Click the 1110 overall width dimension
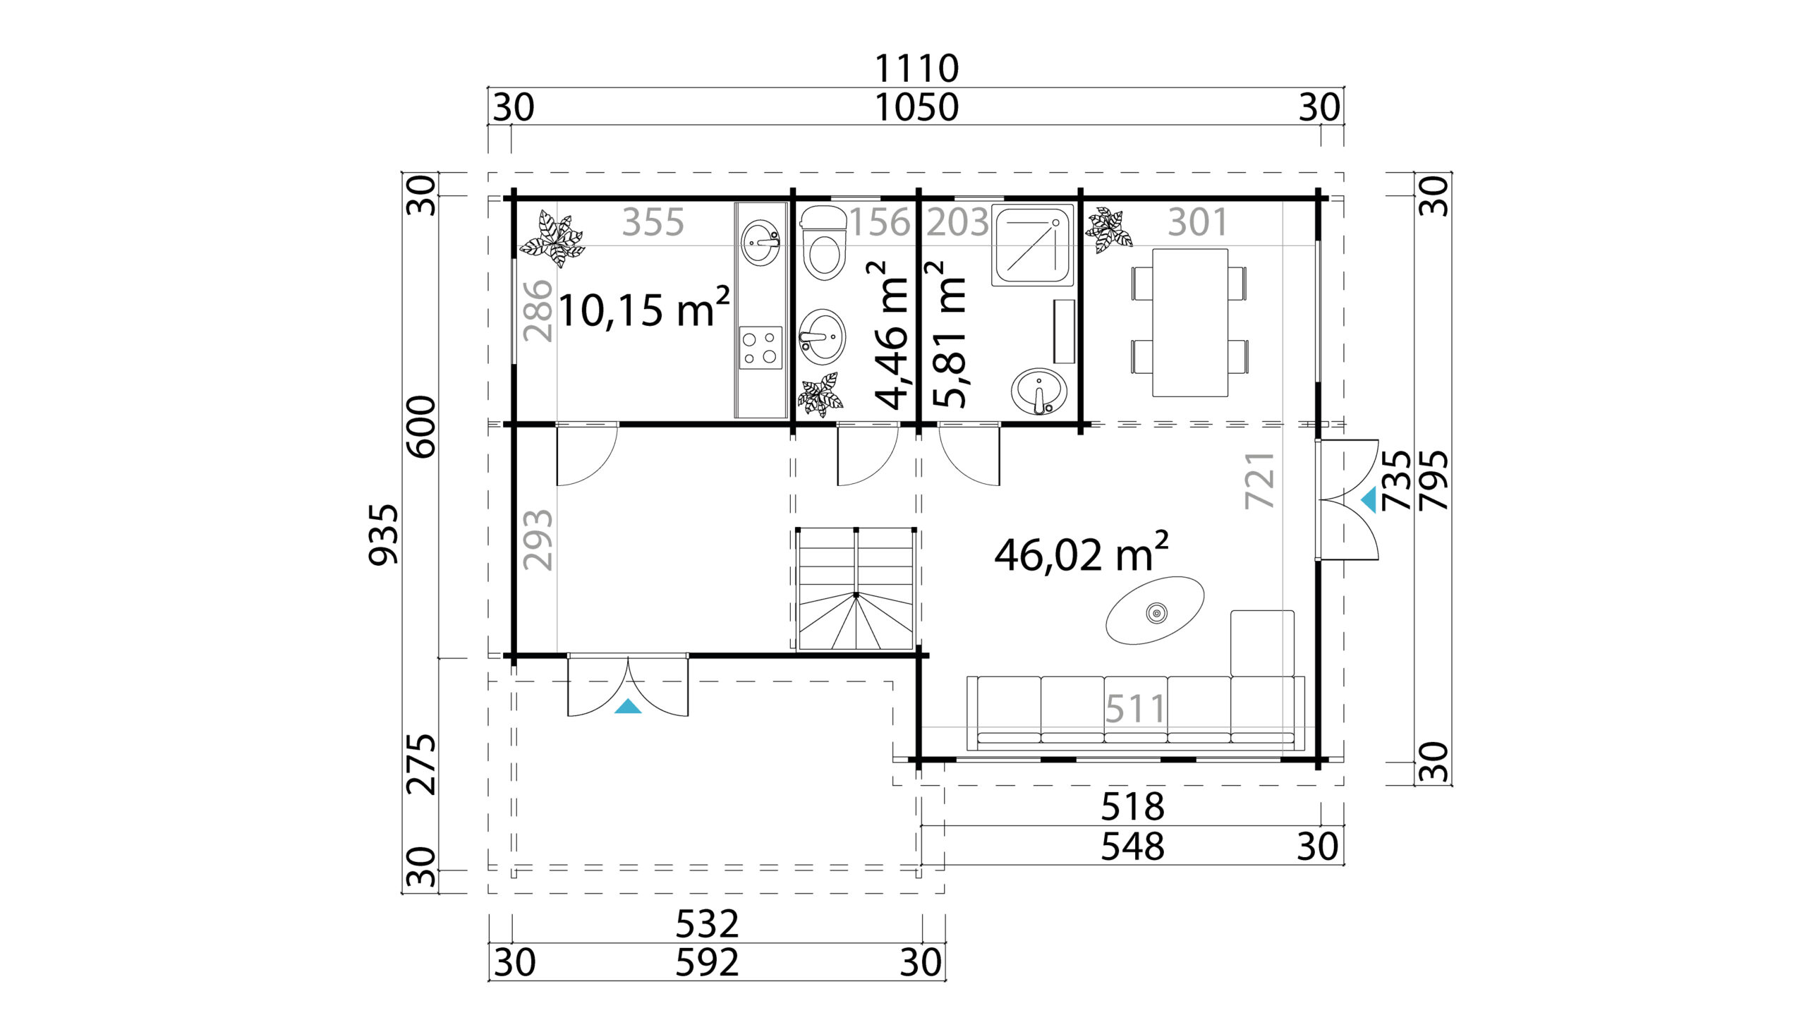pos(916,68)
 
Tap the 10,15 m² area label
pos(643,309)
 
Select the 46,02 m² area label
pos(1081,553)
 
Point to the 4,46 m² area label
pos(890,335)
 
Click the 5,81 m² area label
pos(948,335)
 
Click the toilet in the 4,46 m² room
pos(823,243)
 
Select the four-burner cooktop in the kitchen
pos(760,347)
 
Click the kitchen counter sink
pos(760,243)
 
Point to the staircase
pos(856,588)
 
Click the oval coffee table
pos(1155,610)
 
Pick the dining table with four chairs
pos(1190,322)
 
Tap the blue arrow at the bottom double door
pos(628,706)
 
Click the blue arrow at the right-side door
pos(1369,499)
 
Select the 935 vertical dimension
pos(384,535)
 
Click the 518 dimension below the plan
pos(1133,806)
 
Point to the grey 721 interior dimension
pos(1259,480)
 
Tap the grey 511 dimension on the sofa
pos(1136,708)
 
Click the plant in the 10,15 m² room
pos(552,239)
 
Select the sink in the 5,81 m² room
pos(1038,391)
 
